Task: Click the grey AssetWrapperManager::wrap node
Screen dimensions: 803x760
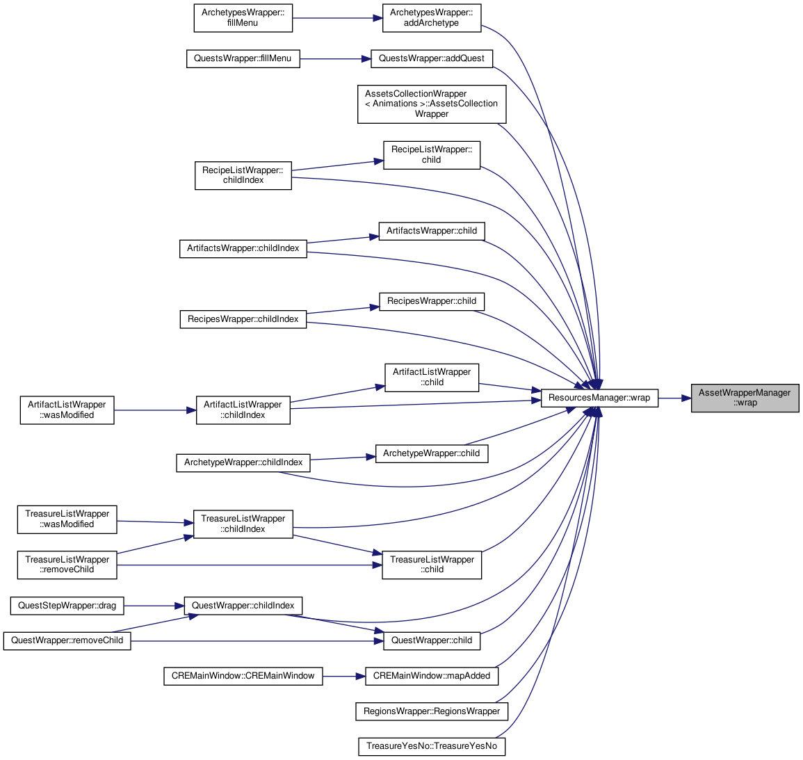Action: (x=745, y=398)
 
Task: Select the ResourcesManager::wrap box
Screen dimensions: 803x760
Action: (x=599, y=398)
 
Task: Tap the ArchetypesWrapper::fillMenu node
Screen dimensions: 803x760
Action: (x=243, y=18)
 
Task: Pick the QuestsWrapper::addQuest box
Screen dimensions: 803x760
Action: (x=431, y=58)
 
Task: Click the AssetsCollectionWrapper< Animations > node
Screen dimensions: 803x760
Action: (x=432, y=104)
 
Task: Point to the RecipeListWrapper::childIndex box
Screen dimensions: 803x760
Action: (x=243, y=175)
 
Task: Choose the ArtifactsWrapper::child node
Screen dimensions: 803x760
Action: (x=432, y=231)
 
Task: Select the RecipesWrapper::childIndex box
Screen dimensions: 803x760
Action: (x=243, y=319)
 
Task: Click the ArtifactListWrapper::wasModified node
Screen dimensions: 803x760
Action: (x=67, y=410)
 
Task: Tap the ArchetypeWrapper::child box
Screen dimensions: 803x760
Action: (x=432, y=454)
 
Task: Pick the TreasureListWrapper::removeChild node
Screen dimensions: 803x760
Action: (x=67, y=565)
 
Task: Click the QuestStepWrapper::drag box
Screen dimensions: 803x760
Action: (x=67, y=606)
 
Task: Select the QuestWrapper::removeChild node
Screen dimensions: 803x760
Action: (x=67, y=640)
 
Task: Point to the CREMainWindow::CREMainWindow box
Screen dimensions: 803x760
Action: (x=243, y=676)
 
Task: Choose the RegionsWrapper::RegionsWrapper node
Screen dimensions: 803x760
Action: (x=432, y=711)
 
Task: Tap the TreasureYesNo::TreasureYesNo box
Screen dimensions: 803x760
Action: (x=432, y=746)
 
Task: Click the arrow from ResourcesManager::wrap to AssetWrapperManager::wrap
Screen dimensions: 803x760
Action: (x=674, y=398)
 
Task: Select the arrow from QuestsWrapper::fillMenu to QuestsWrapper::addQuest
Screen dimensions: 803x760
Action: (x=335, y=59)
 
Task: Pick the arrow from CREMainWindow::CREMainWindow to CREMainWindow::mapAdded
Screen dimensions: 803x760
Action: (x=344, y=676)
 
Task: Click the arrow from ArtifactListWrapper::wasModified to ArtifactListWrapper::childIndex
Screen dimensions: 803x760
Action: (x=154, y=410)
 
